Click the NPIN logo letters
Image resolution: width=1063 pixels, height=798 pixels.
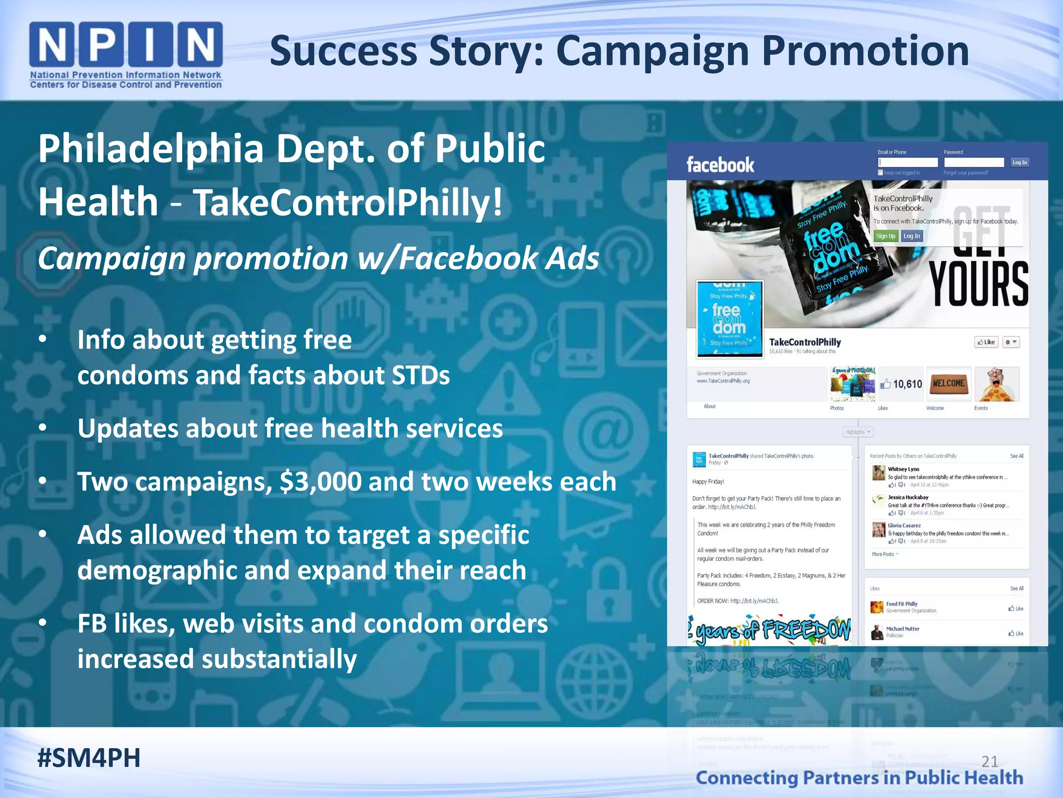click(126, 45)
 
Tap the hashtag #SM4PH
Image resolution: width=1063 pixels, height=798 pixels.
click(89, 758)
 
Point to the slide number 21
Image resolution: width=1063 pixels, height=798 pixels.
click(990, 762)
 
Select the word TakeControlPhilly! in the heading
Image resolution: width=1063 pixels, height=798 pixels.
click(348, 202)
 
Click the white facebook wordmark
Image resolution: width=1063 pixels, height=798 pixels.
click(720, 165)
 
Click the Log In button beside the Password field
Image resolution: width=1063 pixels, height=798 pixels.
click(1019, 163)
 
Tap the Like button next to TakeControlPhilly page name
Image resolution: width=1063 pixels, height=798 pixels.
click(986, 342)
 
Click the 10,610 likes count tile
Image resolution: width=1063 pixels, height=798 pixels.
click(901, 384)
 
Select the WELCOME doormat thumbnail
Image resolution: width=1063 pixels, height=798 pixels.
click(948, 384)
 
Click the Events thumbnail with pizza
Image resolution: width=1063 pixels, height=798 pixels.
click(997, 384)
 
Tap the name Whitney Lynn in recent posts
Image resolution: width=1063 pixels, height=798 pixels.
click(903, 469)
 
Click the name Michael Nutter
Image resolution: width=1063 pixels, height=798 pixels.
click(903, 629)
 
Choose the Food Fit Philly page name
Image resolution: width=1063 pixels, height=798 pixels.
click(902, 604)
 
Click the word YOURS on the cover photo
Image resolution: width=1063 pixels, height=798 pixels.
click(978, 284)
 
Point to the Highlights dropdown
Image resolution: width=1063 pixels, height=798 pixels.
click(857, 432)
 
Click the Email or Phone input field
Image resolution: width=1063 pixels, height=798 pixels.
click(908, 163)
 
